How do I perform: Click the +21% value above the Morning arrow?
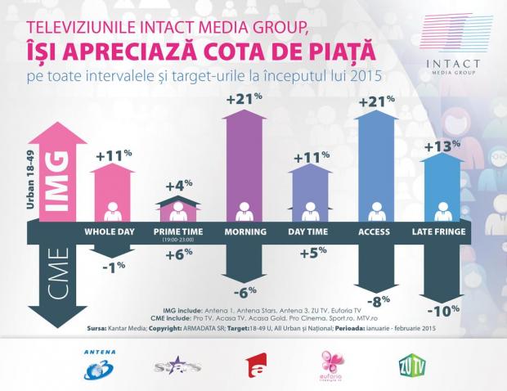click(245, 101)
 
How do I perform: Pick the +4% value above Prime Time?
click(177, 185)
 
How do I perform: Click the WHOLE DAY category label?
click(112, 232)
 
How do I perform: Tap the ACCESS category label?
click(375, 232)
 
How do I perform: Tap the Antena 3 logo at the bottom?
click(101, 363)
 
